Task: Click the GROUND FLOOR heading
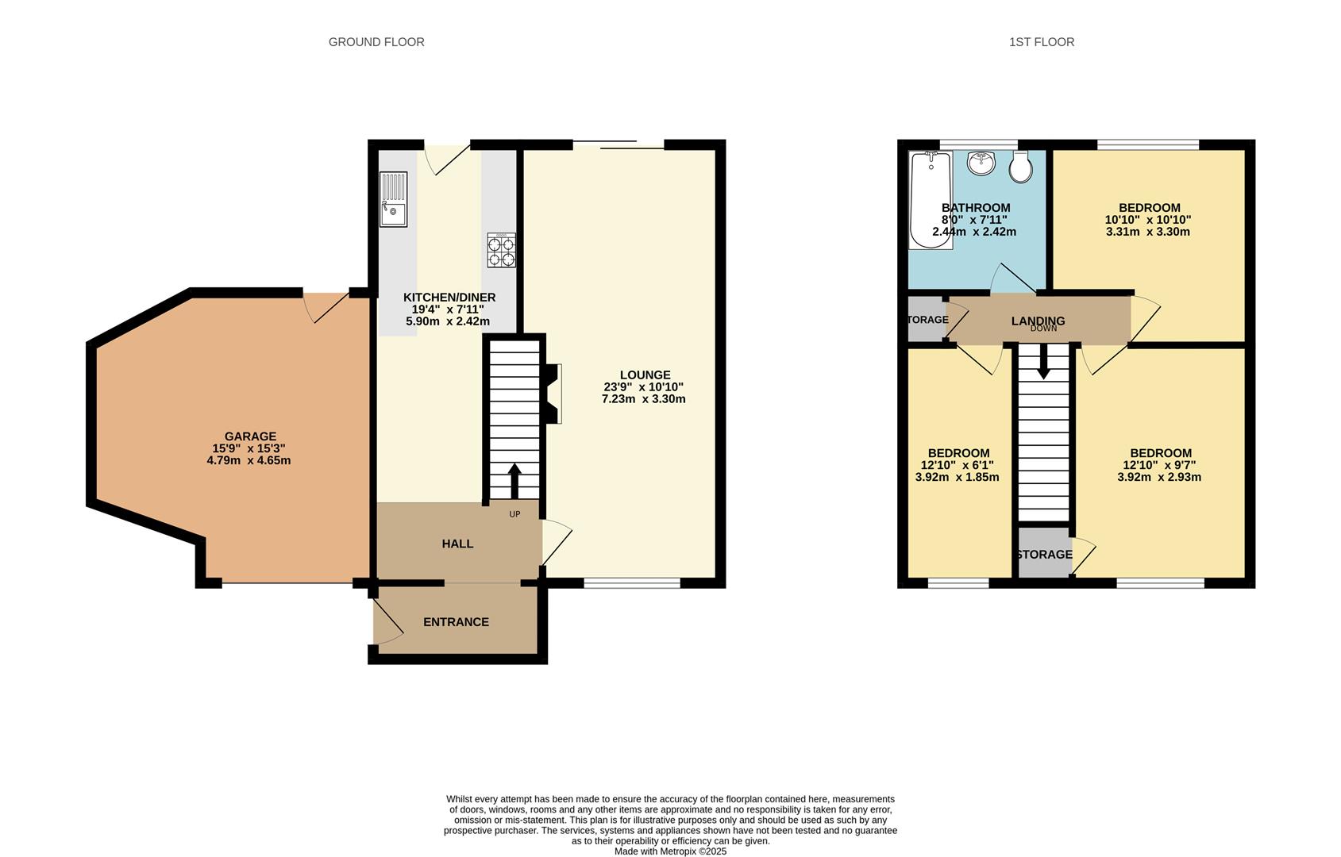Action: (376, 42)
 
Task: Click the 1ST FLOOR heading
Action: (1041, 42)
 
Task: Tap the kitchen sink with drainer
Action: (393, 199)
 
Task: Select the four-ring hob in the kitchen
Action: (501, 250)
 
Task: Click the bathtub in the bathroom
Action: (931, 200)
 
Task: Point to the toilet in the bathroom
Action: (1020, 166)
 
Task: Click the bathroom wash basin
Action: (981, 163)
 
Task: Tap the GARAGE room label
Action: (250, 436)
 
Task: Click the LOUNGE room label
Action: (645, 375)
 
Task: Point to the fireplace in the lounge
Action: (553, 393)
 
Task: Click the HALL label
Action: (457, 544)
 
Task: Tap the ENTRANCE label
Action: (456, 622)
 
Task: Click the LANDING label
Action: (1038, 321)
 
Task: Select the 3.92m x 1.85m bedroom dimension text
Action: (957, 478)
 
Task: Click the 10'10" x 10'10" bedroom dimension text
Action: (1147, 220)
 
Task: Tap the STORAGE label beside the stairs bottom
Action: (1044, 555)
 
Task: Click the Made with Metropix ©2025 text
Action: (670, 851)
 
